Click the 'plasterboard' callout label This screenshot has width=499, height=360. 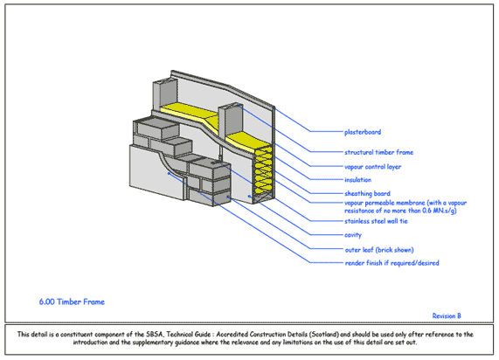[362, 132]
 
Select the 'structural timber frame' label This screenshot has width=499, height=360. [378, 152]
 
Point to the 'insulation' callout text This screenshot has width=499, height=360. [357, 180]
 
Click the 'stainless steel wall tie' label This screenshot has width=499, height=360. [378, 221]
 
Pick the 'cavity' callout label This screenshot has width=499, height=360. [353, 235]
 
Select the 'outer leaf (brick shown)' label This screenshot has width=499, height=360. [378, 249]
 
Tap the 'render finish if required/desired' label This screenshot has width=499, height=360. [392, 262]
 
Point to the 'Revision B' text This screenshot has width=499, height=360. [447, 315]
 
